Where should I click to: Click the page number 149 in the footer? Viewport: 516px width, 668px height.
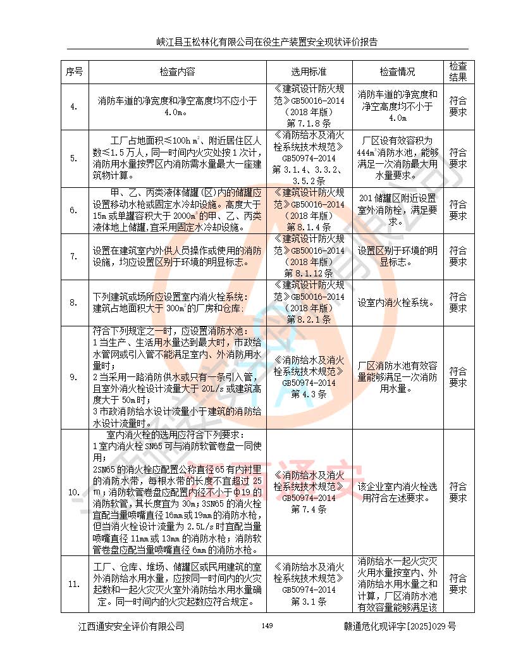[x=266, y=626]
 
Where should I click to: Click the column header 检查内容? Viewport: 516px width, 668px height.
[x=177, y=71]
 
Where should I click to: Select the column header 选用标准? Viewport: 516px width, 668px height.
[x=309, y=71]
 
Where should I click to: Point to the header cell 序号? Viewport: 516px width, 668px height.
[x=74, y=71]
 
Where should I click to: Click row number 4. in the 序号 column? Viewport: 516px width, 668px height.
[x=74, y=106]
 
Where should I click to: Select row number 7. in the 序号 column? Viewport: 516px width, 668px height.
[x=74, y=256]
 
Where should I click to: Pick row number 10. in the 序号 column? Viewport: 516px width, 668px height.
[x=74, y=492]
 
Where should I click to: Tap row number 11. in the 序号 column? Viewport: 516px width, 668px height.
[x=74, y=583]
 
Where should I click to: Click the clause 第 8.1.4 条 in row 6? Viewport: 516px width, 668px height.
[x=309, y=226]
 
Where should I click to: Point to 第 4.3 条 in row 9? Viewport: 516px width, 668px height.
[x=309, y=394]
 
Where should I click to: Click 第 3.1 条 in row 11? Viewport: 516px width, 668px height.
[x=309, y=602]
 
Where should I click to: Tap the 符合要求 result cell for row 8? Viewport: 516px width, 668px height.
[x=458, y=302]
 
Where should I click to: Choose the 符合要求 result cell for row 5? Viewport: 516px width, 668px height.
[x=458, y=158]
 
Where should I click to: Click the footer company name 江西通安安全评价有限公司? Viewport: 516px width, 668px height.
[x=131, y=626]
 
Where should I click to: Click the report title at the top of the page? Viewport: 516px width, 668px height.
[x=267, y=42]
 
